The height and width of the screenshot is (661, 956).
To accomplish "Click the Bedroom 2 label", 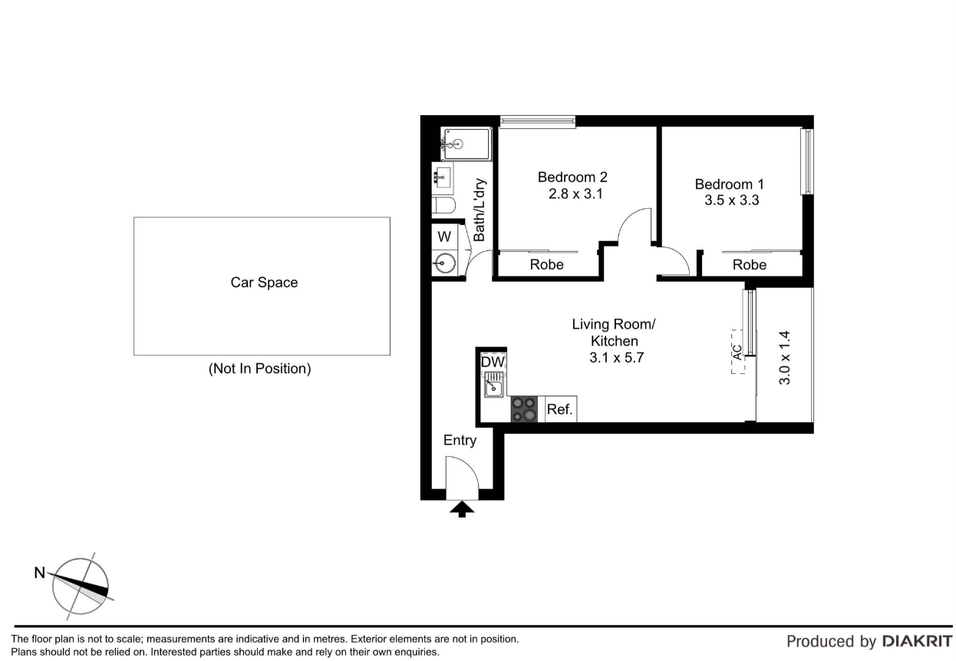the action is coord(572,177).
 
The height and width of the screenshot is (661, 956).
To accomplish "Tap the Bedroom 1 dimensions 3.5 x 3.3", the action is coord(731,200).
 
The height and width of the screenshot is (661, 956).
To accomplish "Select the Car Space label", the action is coord(264,283).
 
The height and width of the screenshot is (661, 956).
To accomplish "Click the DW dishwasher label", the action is coord(493,362).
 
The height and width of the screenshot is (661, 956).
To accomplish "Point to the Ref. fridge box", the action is coord(561,409).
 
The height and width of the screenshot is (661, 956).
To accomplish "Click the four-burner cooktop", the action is coord(524,409).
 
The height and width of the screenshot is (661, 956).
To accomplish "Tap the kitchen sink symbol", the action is coord(494,385).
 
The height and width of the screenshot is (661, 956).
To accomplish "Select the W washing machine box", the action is coord(444,236).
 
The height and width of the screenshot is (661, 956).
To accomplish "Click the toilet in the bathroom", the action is coord(443,205).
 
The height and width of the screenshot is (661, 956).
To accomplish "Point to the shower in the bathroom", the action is coord(466,144).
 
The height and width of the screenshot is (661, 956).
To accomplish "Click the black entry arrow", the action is coord(462,509).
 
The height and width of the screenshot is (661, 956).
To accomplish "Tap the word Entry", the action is coord(460,440).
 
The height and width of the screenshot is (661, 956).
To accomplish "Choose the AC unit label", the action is coord(737,352).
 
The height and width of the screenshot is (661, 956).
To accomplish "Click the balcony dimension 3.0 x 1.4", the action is coord(785,358).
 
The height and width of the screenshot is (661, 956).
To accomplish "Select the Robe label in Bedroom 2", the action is coord(547,265).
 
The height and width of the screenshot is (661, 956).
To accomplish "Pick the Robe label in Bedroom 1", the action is coord(750,265).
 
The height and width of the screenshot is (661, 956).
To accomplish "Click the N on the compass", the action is coord(40,573).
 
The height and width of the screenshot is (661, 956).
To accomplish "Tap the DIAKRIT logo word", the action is coord(917,641).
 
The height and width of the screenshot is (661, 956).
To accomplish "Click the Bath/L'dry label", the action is coord(480,210).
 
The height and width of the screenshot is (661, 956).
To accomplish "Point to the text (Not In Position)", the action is coord(259,369).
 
